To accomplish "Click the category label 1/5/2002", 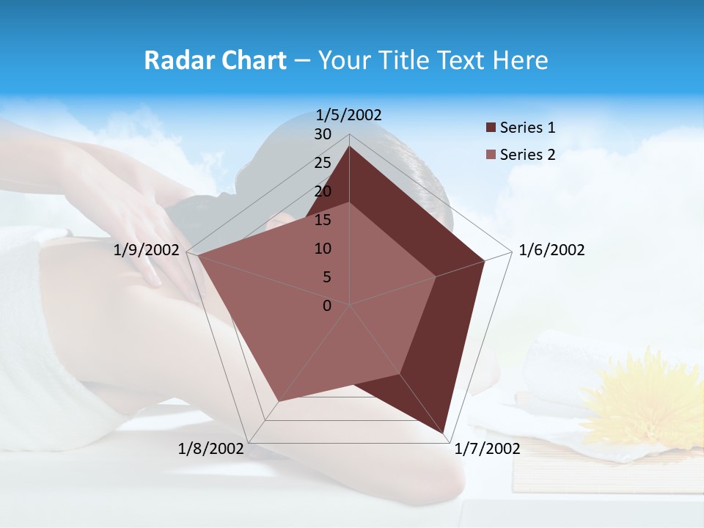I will (x=349, y=114).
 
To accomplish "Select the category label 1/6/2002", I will (x=551, y=250).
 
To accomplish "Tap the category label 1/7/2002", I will (x=487, y=449).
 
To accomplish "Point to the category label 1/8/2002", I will (x=211, y=449).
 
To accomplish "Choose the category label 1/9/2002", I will (x=147, y=250).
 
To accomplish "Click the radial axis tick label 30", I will (x=323, y=134).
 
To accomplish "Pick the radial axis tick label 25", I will (x=323, y=163).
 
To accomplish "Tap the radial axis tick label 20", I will (x=323, y=191).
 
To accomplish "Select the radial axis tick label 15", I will (x=323, y=220).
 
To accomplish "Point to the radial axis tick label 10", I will (x=323, y=249).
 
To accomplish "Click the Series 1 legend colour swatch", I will (x=491, y=128).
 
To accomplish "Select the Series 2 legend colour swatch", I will (x=491, y=155).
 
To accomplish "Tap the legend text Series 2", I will (x=527, y=155).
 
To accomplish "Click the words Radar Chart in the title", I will (x=215, y=60).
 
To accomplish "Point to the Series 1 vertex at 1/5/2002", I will (x=349, y=146).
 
